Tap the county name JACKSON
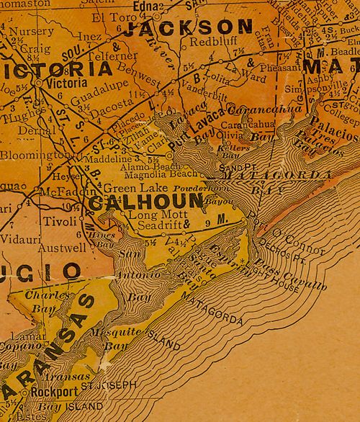pyautogui.click(x=189, y=28)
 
